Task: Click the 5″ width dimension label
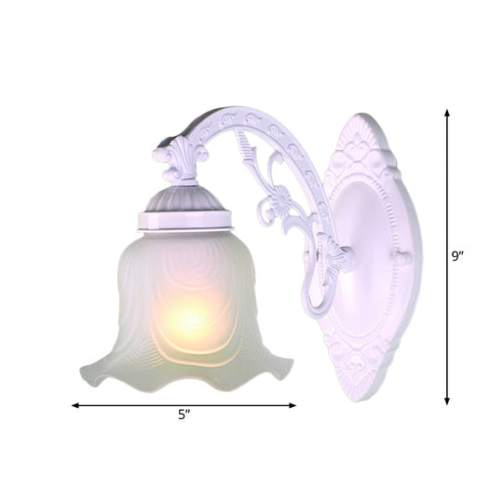click(x=185, y=415)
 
